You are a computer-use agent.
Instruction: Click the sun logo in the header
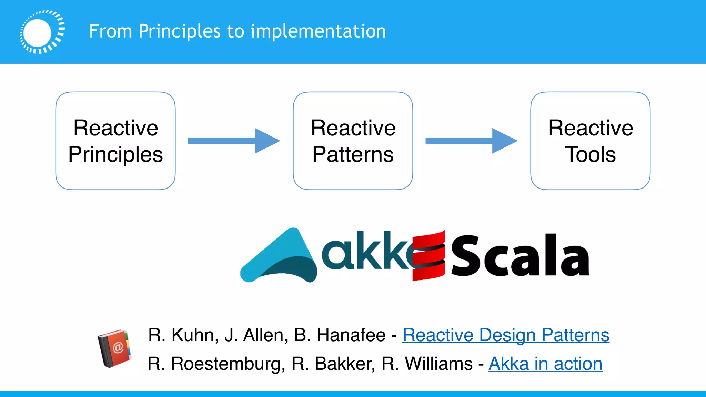(42, 32)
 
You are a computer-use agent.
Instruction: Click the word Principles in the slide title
(179, 31)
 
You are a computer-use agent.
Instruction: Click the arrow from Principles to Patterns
(234, 141)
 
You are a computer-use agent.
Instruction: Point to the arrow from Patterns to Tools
(471, 141)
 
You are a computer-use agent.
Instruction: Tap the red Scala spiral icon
(428, 255)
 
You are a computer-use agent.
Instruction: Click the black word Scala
(520, 256)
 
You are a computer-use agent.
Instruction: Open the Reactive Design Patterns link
(506, 335)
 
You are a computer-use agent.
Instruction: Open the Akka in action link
(545, 364)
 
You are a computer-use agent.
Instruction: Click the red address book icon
(114, 348)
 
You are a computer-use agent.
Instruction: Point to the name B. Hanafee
(340, 335)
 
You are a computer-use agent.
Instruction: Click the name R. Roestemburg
(216, 364)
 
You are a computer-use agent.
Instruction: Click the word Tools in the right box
(590, 154)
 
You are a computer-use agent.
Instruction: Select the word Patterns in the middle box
(353, 154)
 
